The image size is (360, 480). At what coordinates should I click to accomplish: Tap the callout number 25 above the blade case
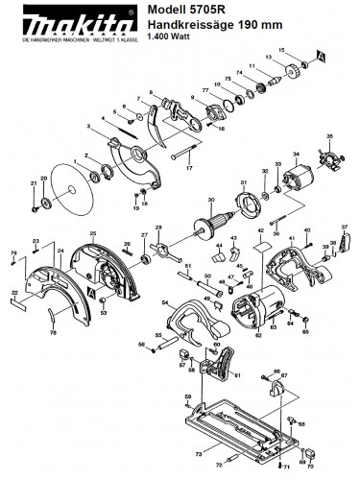click(x=93, y=234)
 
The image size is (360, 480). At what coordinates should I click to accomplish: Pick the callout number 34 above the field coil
click(x=296, y=153)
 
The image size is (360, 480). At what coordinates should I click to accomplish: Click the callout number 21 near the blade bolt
click(x=34, y=182)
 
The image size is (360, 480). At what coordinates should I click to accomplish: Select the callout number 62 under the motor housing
click(x=257, y=335)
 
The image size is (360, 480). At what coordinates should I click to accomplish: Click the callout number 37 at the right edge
click(x=345, y=226)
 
